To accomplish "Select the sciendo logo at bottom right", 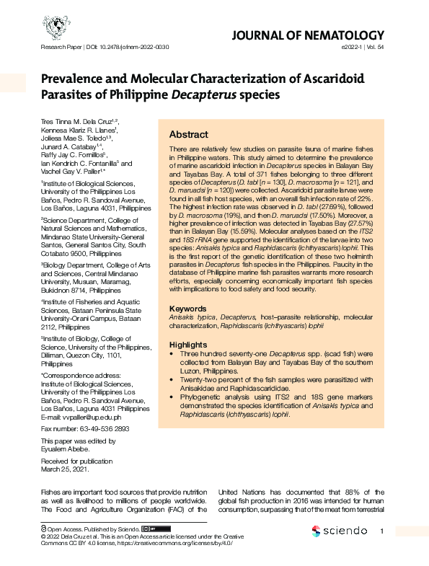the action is (x=340, y=531).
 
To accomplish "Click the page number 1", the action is (x=383, y=531).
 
